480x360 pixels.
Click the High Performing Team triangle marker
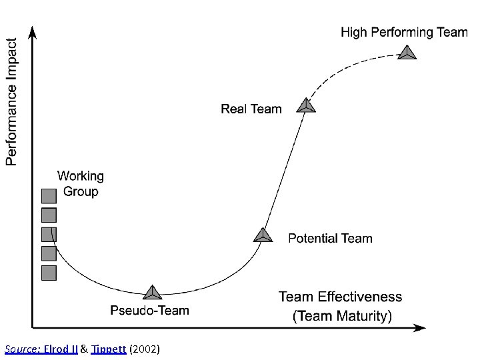(x=407, y=53)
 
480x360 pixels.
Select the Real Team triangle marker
(x=306, y=106)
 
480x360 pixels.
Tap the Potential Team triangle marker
(x=263, y=236)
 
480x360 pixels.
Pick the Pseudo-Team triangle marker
(x=152, y=293)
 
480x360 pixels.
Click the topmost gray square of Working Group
(x=49, y=196)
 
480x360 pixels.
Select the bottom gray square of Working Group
(x=49, y=273)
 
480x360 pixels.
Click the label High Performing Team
(x=405, y=33)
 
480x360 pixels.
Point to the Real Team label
(x=251, y=109)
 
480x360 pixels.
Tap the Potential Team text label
(x=330, y=239)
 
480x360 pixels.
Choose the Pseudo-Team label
(x=150, y=311)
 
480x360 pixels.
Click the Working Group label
(x=81, y=184)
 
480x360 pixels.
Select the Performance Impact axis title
(x=11, y=102)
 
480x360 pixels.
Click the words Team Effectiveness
(x=340, y=297)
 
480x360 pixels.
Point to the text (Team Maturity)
(x=342, y=316)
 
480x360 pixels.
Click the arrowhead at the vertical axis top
(x=32, y=33)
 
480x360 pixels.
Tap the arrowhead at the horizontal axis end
(x=419, y=328)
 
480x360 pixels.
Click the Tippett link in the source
(x=109, y=349)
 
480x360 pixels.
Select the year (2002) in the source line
(x=145, y=349)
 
